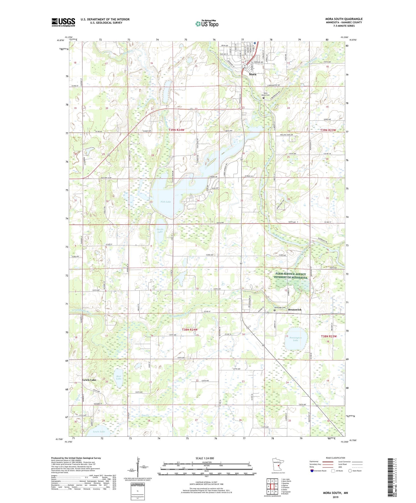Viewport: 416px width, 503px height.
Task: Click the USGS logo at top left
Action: click(63, 22)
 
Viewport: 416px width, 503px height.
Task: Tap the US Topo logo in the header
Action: click(207, 24)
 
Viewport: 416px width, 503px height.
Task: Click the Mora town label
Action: click(252, 74)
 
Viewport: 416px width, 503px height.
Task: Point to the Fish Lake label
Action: click(166, 202)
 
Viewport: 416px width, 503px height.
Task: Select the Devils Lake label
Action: click(160, 230)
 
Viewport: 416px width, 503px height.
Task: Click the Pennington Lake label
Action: click(295, 339)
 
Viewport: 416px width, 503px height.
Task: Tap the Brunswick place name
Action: click(295, 310)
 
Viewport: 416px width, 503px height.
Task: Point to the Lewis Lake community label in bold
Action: click(89, 380)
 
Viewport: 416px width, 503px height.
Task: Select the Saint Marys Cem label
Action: click(266, 94)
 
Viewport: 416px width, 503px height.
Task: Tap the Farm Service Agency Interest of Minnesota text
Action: click(290, 275)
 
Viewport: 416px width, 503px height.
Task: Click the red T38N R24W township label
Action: click(190, 330)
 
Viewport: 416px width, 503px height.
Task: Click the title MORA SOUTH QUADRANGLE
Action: click(344, 19)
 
